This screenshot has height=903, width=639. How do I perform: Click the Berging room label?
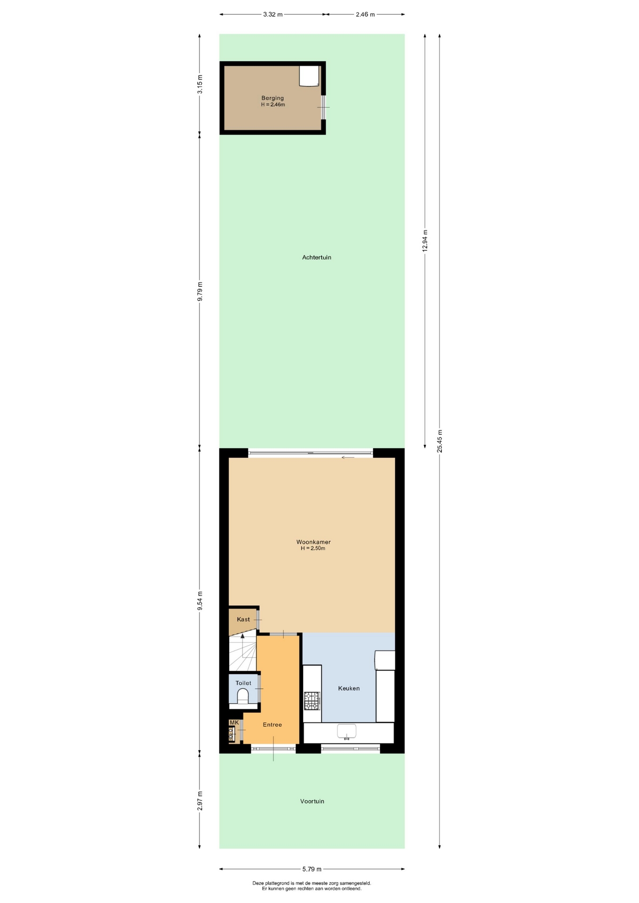(x=272, y=98)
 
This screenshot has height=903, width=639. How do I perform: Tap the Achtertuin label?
(x=317, y=257)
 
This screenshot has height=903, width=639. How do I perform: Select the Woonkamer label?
(x=313, y=542)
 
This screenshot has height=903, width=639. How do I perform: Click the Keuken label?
(x=349, y=688)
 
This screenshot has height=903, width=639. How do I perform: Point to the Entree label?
(x=272, y=724)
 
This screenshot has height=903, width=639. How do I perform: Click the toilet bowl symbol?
(x=243, y=696)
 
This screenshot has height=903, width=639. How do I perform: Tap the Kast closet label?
(x=243, y=619)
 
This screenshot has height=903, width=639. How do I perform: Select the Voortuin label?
(x=312, y=801)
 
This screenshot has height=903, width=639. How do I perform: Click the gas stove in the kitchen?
(x=312, y=700)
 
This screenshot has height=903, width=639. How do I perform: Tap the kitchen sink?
(x=347, y=731)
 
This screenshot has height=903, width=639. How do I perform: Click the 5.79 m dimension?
(x=312, y=869)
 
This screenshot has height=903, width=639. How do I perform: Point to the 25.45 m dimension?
(x=439, y=441)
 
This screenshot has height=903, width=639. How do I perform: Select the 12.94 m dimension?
(x=425, y=240)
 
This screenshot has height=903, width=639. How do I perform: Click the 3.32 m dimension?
(x=273, y=14)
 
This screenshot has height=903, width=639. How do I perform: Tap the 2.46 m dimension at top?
(x=365, y=14)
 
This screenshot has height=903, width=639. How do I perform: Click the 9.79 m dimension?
(x=200, y=291)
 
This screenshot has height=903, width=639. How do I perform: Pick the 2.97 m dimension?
(x=200, y=800)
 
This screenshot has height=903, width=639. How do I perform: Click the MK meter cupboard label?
(x=234, y=722)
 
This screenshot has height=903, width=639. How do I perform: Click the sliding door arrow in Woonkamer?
(x=348, y=457)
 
